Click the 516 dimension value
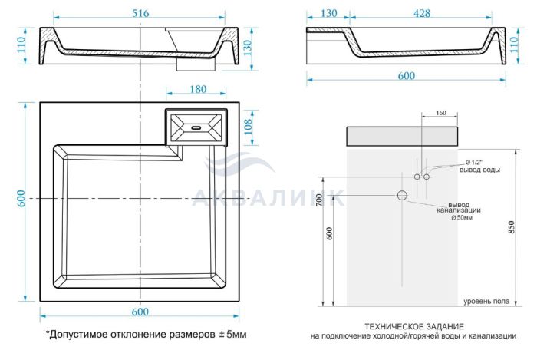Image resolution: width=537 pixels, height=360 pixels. [140, 13]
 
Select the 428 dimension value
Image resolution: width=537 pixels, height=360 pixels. [422, 13]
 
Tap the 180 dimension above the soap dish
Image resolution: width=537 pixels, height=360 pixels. [198, 89]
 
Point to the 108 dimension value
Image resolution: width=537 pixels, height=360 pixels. [248, 127]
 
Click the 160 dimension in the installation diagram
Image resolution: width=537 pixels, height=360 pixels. [441, 113]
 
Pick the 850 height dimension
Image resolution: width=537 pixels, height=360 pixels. [512, 227]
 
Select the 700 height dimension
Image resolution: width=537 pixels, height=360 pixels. [320, 200]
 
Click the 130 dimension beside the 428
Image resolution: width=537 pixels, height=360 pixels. [328, 13]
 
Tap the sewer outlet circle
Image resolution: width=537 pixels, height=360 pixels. [402, 195]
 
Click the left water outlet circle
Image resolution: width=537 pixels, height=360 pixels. [417, 177]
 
